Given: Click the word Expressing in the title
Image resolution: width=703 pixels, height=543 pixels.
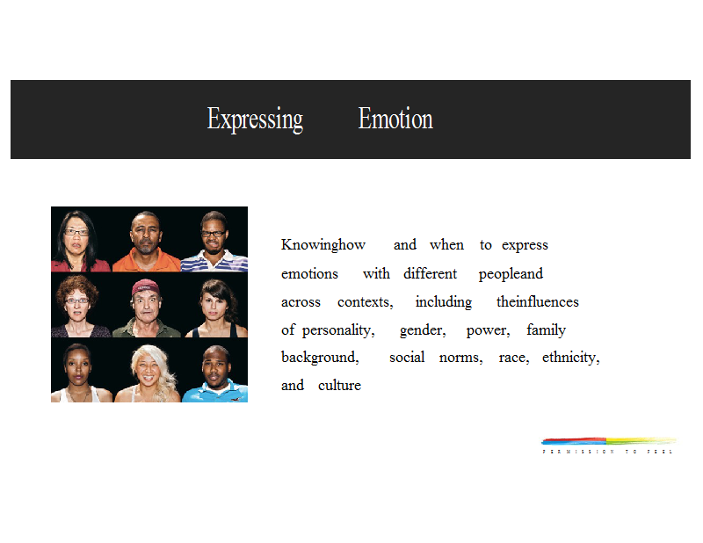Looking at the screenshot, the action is pyautogui.click(x=255, y=119).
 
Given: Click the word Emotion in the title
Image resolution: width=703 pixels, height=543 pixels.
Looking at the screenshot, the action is pyautogui.click(x=395, y=119).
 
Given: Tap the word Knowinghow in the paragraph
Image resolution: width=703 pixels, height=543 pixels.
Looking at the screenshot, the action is pyautogui.click(x=323, y=245).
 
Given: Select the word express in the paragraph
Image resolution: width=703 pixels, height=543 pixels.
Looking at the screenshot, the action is pyautogui.click(x=525, y=246).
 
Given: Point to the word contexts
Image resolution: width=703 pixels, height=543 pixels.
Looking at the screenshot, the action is pyautogui.click(x=365, y=301).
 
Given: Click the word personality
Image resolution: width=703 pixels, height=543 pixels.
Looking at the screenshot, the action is pyautogui.click(x=338, y=330).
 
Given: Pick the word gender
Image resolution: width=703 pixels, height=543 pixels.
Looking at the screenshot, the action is pyautogui.click(x=423, y=330).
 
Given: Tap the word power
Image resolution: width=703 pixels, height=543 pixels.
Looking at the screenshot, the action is pyautogui.click(x=489, y=331).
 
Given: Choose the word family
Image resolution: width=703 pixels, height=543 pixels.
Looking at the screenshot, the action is pyautogui.click(x=546, y=329).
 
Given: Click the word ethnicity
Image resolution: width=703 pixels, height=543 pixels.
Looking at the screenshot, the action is pyautogui.click(x=570, y=358).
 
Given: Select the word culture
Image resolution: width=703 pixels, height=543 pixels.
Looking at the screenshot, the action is pyautogui.click(x=339, y=385).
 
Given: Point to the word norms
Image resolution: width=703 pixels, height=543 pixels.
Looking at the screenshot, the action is pyautogui.click(x=460, y=358).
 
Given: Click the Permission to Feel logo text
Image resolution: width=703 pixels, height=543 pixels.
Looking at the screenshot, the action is pyautogui.click(x=607, y=452).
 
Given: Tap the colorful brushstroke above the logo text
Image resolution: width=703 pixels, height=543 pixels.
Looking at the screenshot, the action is pyautogui.click(x=609, y=441).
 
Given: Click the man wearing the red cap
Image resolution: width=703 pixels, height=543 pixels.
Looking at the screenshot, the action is pyautogui.click(x=146, y=308).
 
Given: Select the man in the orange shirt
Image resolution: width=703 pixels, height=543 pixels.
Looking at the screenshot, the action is pyautogui.click(x=146, y=242).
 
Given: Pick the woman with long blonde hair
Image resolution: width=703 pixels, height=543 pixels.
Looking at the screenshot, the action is pyautogui.click(x=148, y=373).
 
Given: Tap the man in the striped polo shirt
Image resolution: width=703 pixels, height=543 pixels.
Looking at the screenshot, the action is pyautogui.click(x=214, y=243).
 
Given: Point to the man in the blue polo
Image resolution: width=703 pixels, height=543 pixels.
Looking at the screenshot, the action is pyautogui.click(x=215, y=373).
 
